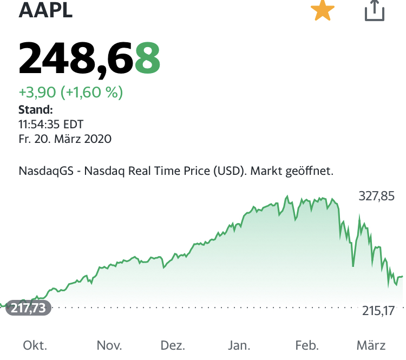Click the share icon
point(374,11)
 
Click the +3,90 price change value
point(38,93)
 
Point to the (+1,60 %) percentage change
point(92,93)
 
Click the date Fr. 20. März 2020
point(65,139)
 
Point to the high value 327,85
point(377,196)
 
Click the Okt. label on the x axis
point(35,345)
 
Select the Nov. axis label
point(109,345)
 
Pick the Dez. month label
point(173,345)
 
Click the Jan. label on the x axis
point(239,345)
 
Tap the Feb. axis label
point(306,345)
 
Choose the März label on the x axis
point(371,345)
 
